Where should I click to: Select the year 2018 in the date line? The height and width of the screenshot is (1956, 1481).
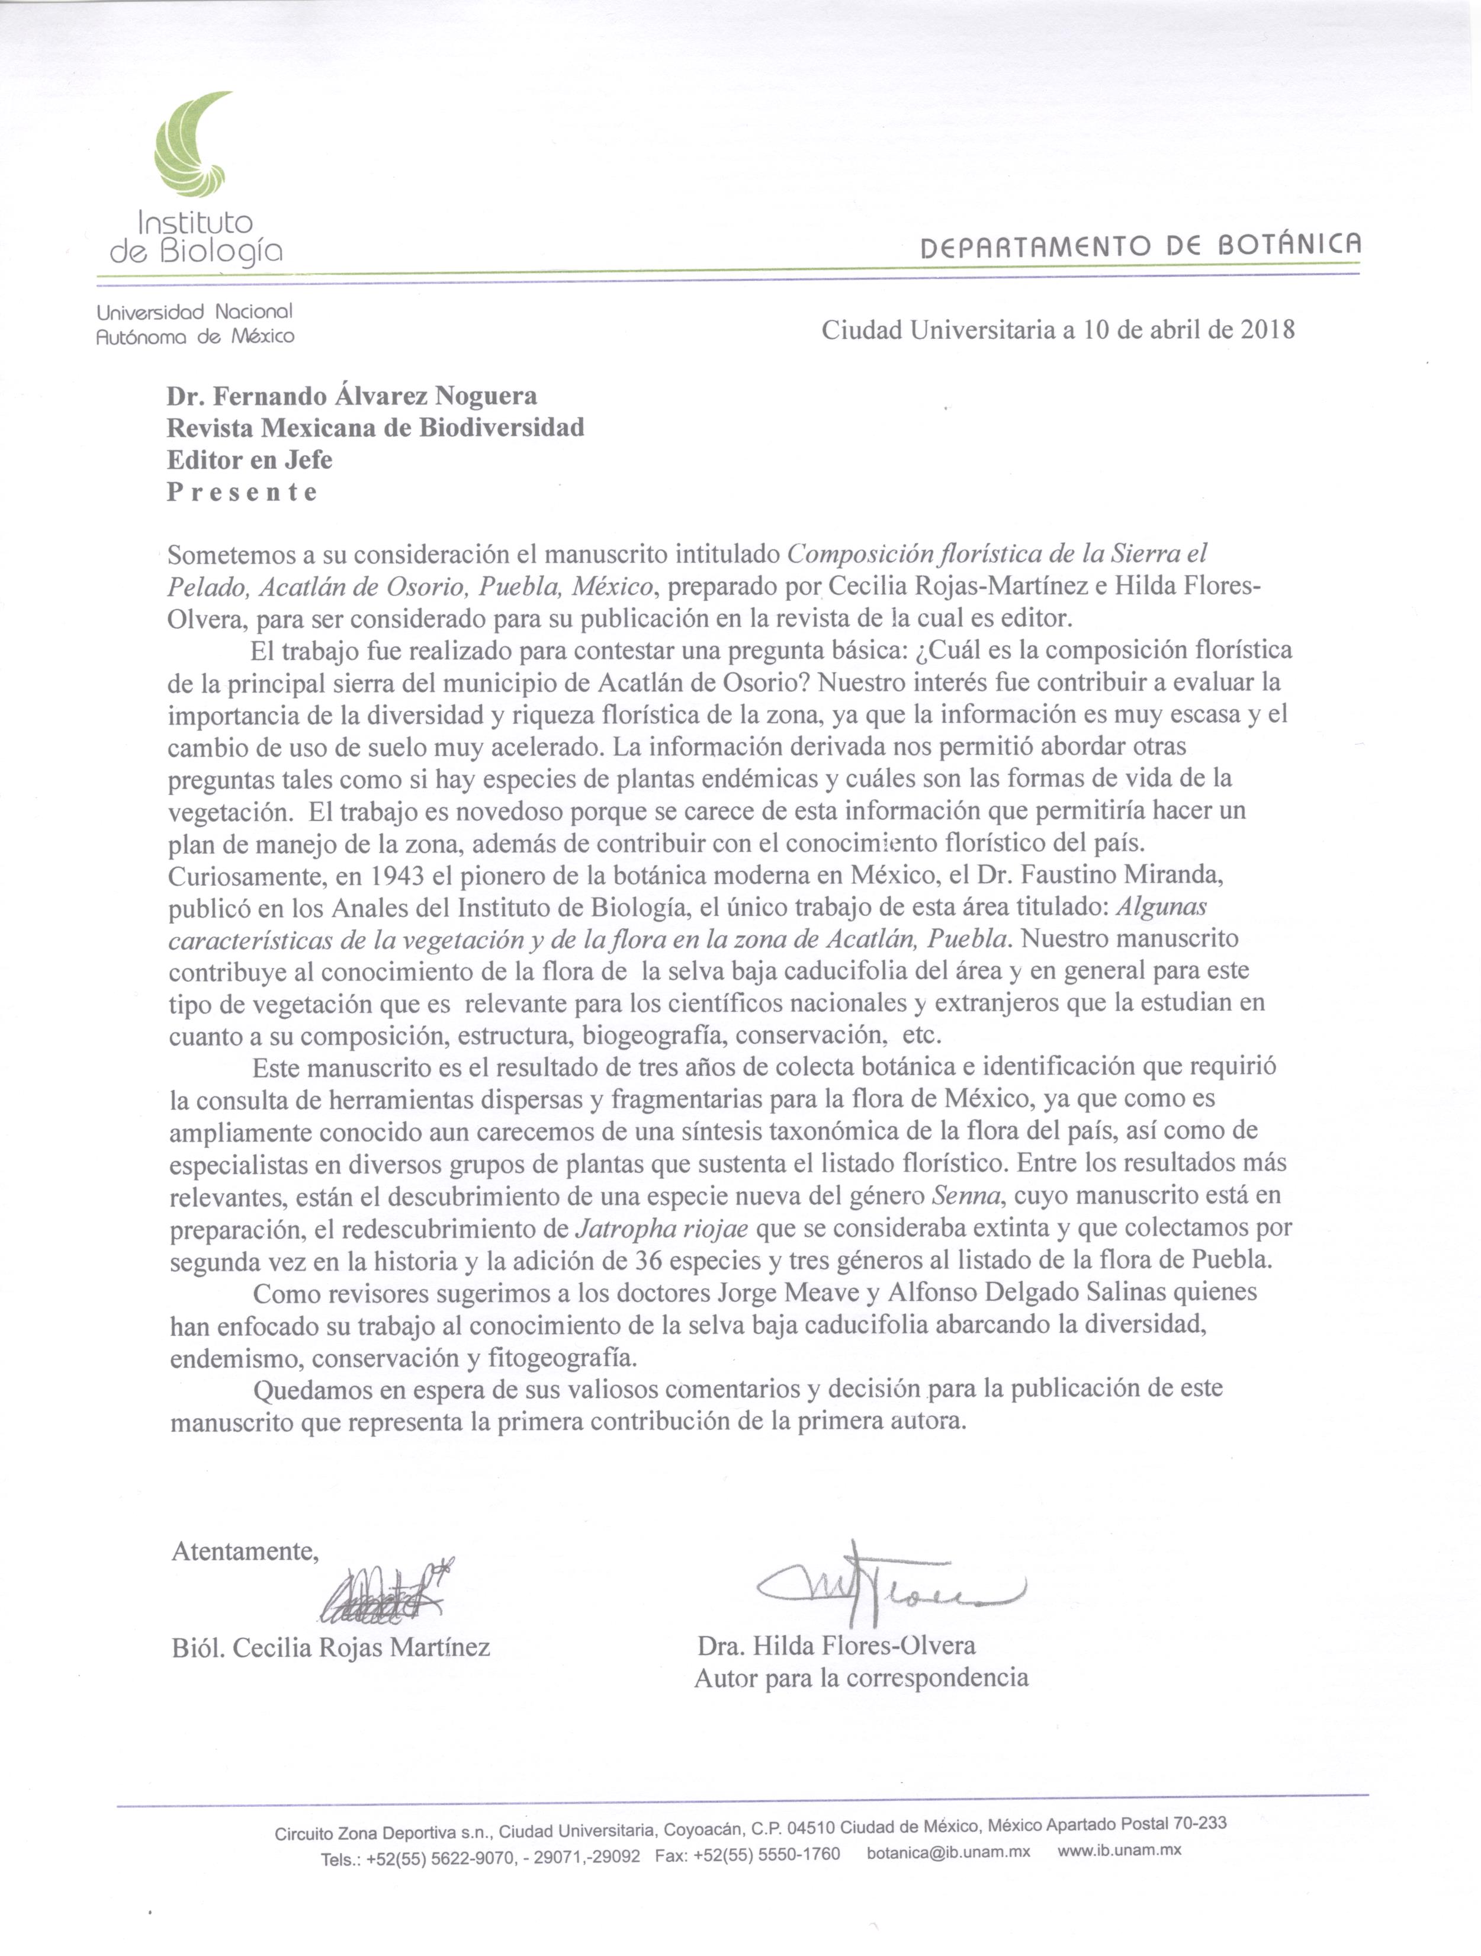pos(1268,330)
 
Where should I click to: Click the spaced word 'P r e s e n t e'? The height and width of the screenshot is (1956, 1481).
pos(242,492)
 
